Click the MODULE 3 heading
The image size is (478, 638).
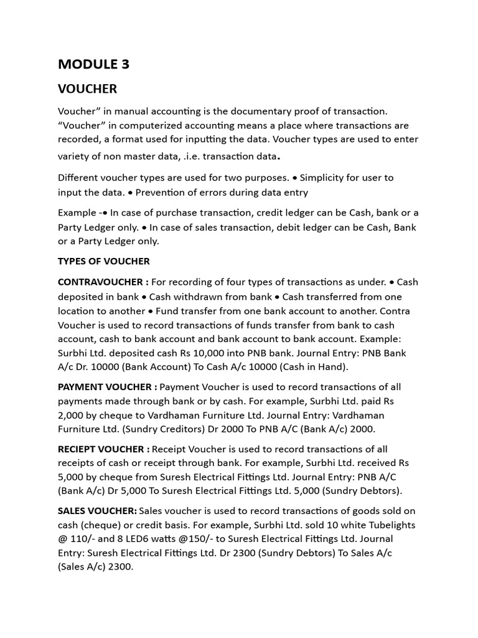93,64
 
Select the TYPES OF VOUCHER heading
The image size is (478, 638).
104,261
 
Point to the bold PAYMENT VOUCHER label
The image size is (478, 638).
103,387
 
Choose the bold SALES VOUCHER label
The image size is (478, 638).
97,511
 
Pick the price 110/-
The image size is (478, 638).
83,539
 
